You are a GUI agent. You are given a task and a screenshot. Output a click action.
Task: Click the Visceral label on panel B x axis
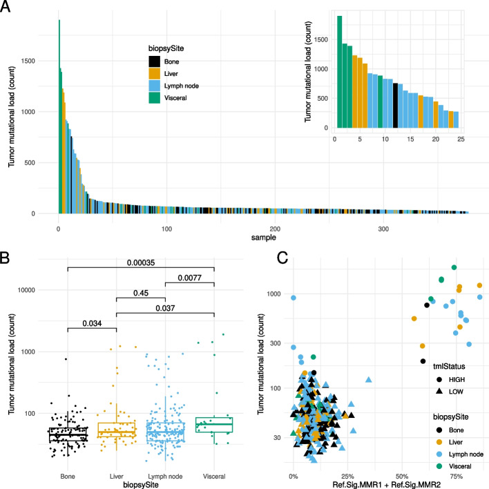coord(215,457)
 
